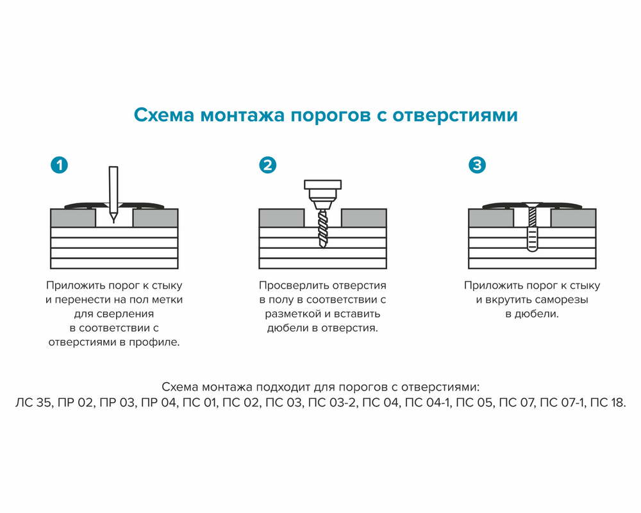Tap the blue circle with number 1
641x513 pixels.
coord(59,165)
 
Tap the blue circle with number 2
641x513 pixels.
coord(268,165)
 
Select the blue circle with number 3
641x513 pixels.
coord(478,165)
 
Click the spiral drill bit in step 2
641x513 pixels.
coord(322,228)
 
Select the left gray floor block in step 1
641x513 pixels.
coord(72,218)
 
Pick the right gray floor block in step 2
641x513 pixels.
coord(364,218)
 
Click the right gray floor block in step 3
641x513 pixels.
coord(574,218)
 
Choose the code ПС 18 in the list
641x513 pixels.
coord(606,403)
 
